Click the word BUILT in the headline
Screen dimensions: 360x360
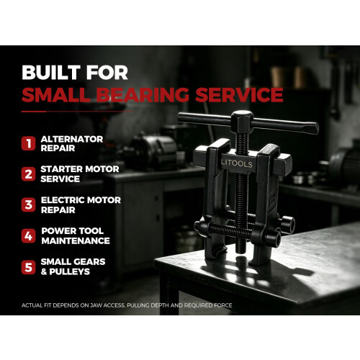[x=51, y=72]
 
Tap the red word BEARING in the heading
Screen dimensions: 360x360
[x=143, y=94]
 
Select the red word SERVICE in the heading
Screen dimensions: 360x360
[x=239, y=94]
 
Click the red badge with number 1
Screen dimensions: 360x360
[x=28, y=143]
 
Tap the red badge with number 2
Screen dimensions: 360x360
[x=28, y=174]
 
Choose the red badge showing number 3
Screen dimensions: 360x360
[x=28, y=204]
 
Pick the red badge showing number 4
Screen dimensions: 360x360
[x=28, y=235]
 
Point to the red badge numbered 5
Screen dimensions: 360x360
[x=28, y=267]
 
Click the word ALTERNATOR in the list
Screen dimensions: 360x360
[x=72, y=139]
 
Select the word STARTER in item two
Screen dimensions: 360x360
[x=62, y=169]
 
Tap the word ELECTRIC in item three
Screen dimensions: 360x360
[x=62, y=200]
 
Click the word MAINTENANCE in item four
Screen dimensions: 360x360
[x=76, y=240]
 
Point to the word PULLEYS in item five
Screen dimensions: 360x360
[x=70, y=271]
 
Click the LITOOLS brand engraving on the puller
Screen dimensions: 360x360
[x=237, y=163]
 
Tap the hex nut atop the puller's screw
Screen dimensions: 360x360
[x=242, y=122]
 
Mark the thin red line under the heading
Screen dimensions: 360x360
[x=77, y=112]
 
